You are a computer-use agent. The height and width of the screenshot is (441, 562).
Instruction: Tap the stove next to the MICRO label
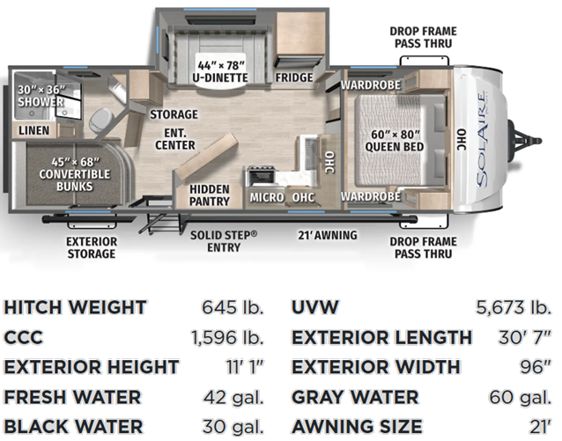point(260,177)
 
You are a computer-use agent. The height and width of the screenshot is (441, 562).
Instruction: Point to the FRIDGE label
point(294,77)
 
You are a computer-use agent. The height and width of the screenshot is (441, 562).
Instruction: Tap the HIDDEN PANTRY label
point(210,195)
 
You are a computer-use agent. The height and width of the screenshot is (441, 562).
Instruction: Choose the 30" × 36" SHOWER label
point(41,96)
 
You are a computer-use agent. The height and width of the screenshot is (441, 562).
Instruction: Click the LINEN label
point(34,130)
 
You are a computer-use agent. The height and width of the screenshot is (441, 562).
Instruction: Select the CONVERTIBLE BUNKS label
point(75,174)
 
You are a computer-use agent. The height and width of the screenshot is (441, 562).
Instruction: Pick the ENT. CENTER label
point(175,139)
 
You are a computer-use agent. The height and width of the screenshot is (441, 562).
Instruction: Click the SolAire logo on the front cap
point(482,139)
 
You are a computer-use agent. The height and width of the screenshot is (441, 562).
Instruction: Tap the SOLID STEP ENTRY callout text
point(224,241)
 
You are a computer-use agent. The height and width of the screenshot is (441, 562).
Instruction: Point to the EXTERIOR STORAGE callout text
point(92,247)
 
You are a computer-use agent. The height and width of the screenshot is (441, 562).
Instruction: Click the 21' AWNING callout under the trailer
point(328,235)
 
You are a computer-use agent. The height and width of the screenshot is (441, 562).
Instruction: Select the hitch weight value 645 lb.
point(233,307)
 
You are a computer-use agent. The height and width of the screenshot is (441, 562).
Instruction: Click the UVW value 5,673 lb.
point(514,307)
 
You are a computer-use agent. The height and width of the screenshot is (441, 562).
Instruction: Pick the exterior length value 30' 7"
point(524,337)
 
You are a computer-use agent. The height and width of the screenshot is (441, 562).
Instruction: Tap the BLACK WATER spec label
point(73,427)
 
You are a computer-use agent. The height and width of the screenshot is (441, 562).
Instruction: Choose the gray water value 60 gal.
point(520,397)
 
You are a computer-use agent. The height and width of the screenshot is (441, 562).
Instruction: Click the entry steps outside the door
point(159,223)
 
